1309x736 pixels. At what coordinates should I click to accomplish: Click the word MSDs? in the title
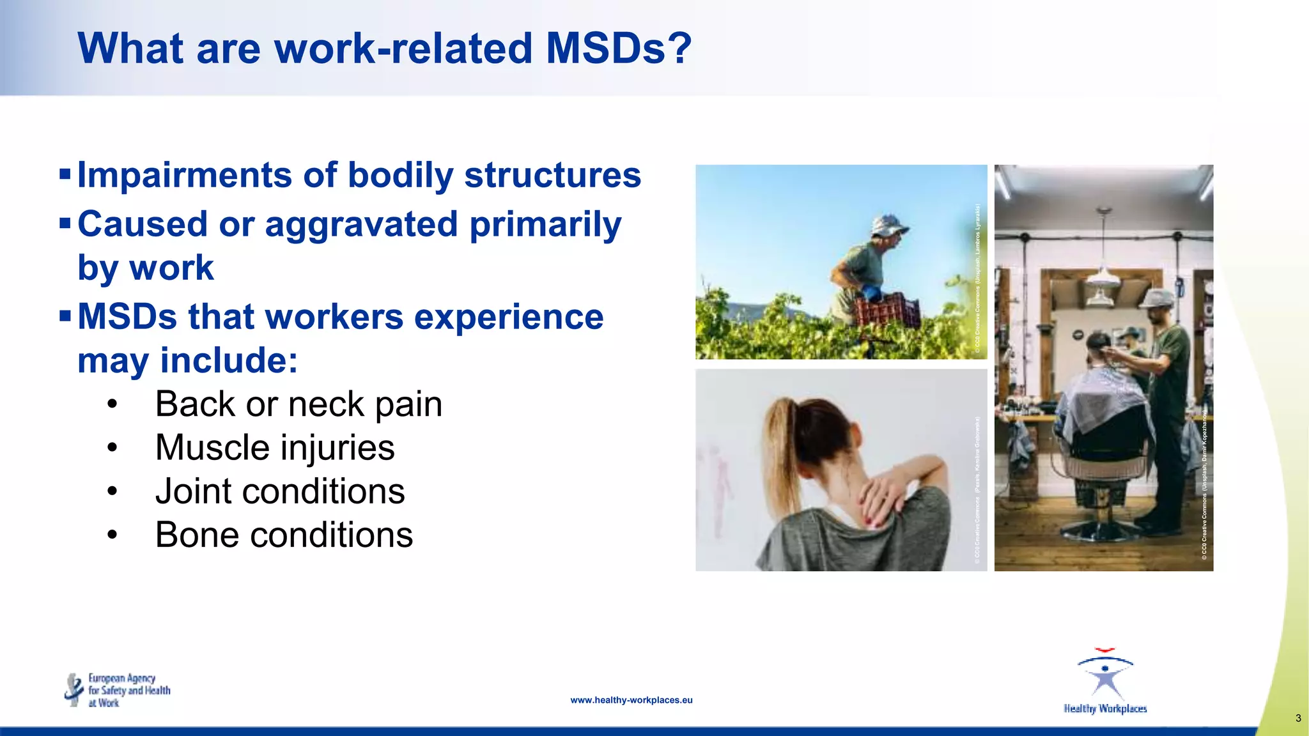pos(618,49)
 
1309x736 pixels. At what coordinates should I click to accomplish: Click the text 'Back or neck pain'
pos(298,404)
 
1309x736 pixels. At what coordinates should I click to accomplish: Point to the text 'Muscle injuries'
pos(275,448)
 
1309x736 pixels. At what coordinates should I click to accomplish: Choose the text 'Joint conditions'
pos(280,491)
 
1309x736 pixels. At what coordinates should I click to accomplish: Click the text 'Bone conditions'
pos(284,535)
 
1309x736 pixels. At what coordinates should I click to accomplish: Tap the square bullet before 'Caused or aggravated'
pos(65,224)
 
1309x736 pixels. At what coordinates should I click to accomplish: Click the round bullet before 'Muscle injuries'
pos(112,448)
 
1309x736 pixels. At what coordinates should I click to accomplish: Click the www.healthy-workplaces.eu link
pos(631,700)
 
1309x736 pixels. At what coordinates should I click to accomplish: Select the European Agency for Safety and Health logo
pos(118,690)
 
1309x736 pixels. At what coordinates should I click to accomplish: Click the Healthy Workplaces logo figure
pos(1106,677)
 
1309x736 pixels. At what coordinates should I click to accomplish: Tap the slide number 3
pos(1297,718)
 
